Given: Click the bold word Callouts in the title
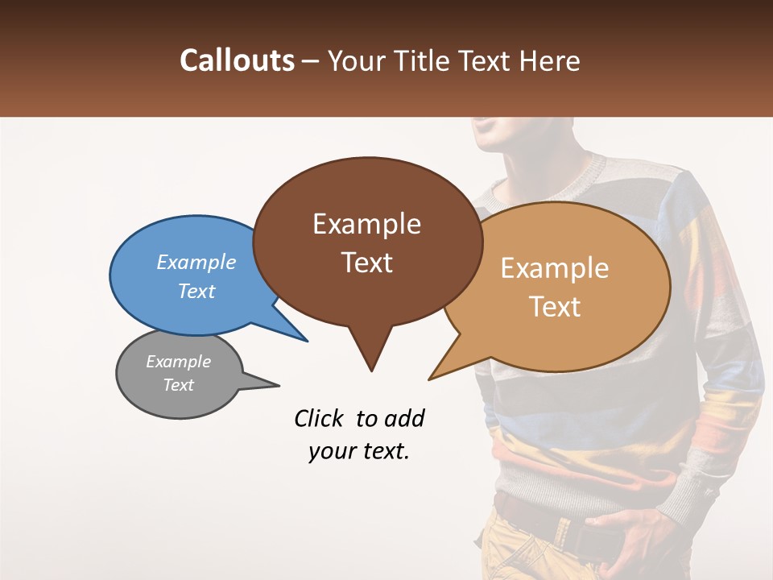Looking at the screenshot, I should [237, 60].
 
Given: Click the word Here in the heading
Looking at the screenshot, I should [550, 60].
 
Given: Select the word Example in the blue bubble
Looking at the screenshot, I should [196, 262].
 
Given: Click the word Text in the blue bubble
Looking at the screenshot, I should [196, 291].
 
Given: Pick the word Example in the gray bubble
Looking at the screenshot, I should [178, 362].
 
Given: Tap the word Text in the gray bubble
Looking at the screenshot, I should [178, 385].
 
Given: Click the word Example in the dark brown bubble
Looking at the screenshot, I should [366, 224].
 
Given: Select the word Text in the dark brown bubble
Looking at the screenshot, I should [366, 263].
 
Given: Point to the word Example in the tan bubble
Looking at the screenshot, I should [555, 268].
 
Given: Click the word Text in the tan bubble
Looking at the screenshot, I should [555, 307].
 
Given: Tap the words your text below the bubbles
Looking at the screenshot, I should [359, 451].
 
